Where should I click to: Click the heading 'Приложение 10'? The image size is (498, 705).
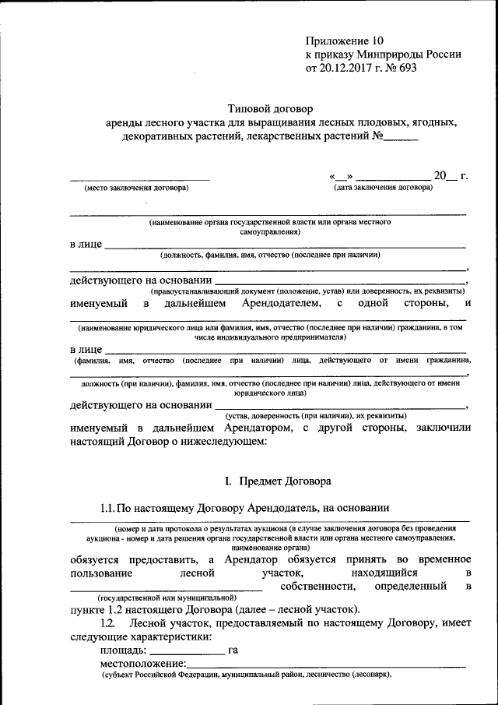[x=345, y=40]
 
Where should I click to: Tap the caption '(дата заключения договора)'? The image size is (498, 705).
[x=382, y=188]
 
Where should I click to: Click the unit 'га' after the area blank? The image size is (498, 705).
[x=233, y=649]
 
